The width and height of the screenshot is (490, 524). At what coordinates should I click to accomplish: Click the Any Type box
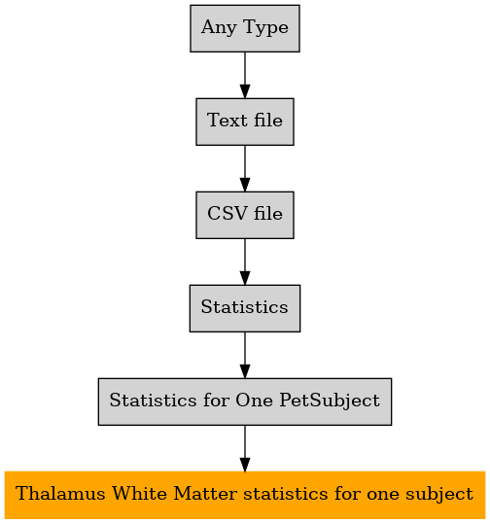[245, 28]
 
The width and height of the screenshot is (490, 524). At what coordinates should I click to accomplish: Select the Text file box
[245, 122]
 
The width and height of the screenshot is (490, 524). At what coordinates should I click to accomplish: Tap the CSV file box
[245, 215]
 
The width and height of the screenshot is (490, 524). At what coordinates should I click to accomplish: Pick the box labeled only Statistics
[245, 308]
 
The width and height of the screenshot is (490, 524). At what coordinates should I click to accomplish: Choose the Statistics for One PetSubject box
[245, 402]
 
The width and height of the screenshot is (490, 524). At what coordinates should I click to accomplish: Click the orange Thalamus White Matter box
[245, 495]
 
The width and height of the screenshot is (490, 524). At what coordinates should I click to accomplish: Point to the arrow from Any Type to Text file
[245, 75]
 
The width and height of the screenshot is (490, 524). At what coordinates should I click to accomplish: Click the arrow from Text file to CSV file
[245, 168]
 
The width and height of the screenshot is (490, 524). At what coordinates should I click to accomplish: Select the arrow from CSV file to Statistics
[245, 262]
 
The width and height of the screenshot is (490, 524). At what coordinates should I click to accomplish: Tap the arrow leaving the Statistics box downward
[245, 355]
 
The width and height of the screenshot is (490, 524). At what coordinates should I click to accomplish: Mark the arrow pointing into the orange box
[245, 448]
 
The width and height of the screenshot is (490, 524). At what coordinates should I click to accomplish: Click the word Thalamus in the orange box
[60, 494]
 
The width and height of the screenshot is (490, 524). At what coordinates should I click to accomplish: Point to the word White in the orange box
[140, 494]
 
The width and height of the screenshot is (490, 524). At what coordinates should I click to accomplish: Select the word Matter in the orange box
[206, 494]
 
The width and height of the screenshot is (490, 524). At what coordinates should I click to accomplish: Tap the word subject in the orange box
[439, 495]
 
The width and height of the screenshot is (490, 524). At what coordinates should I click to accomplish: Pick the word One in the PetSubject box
[254, 401]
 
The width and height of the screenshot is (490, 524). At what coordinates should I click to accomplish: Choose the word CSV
[227, 214]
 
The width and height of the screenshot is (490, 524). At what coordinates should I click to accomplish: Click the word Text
[227, 121]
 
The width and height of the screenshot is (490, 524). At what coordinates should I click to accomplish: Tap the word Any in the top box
[220, 28]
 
